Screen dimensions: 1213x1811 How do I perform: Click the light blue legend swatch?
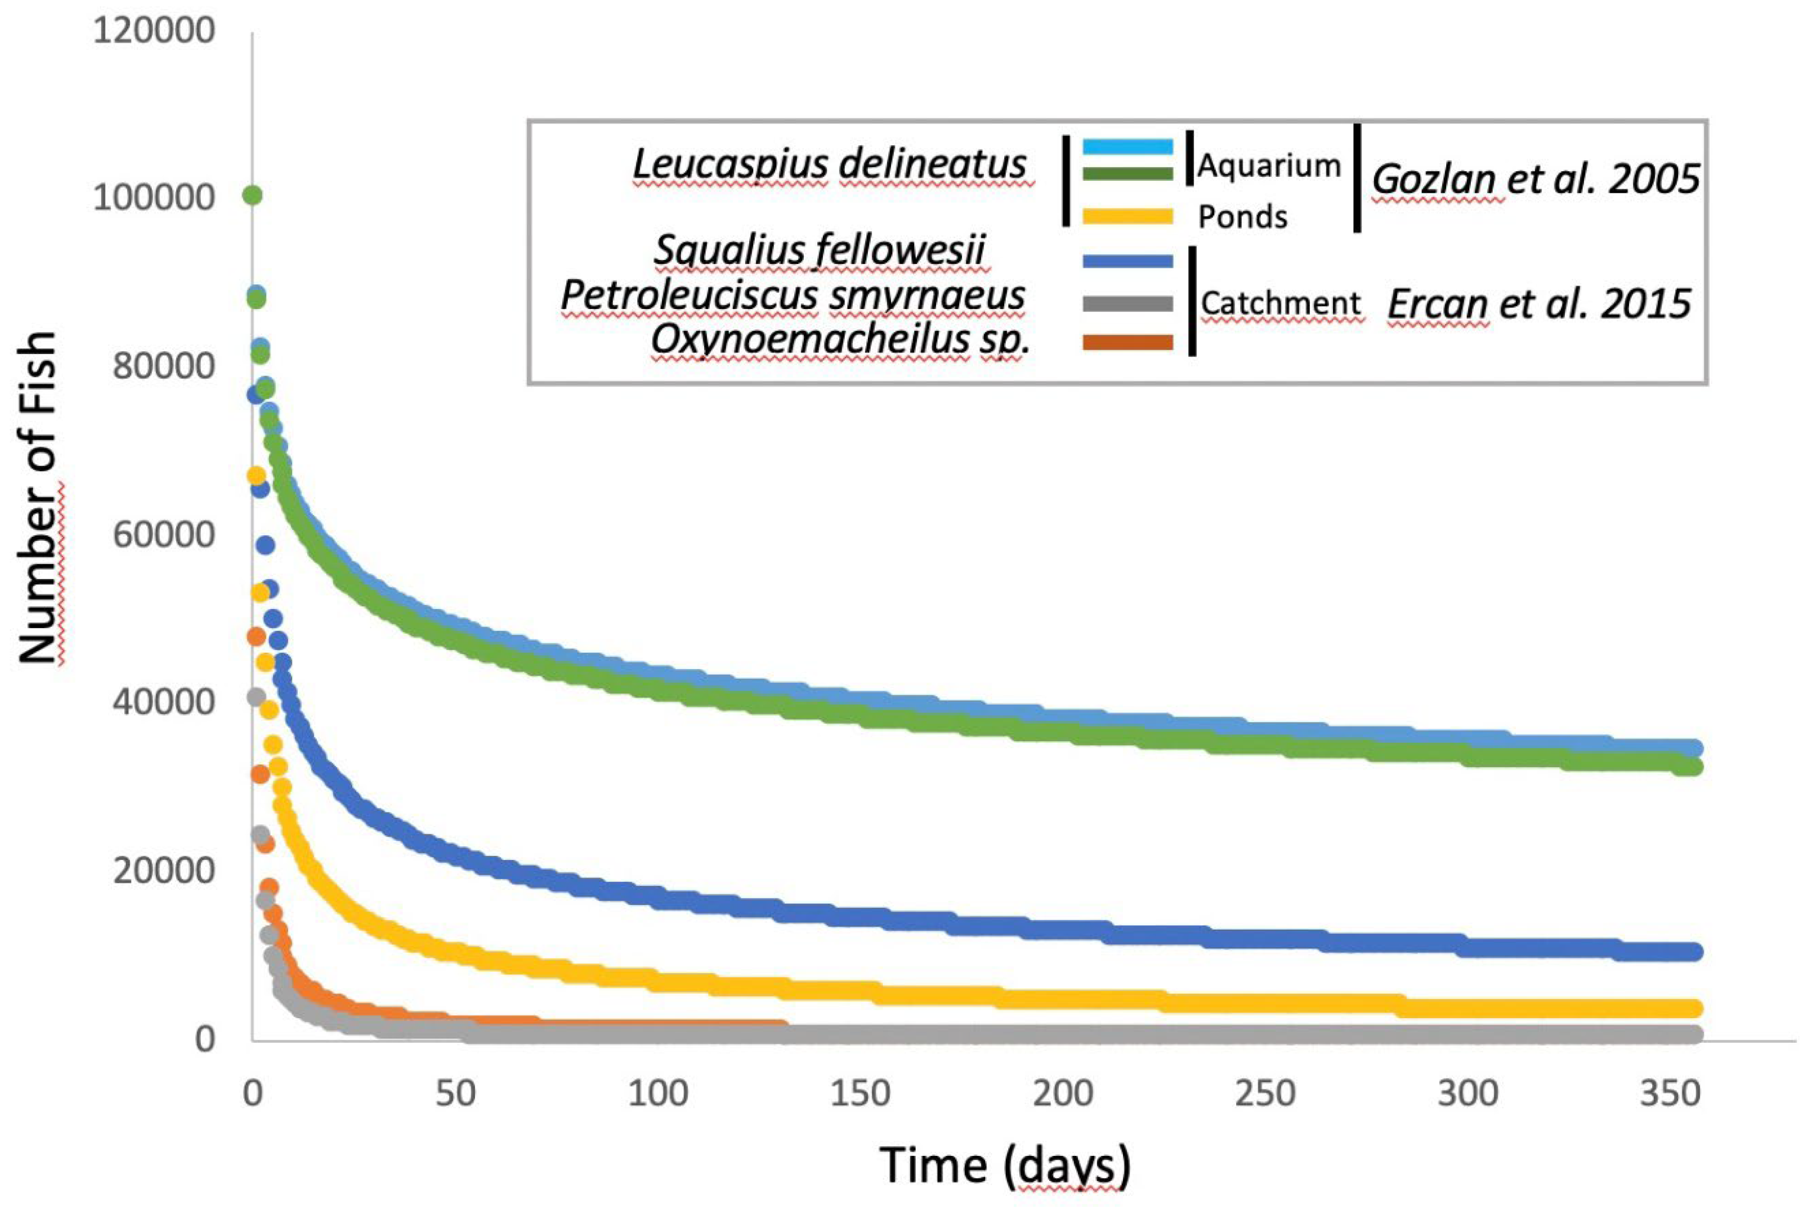pos(1127,145)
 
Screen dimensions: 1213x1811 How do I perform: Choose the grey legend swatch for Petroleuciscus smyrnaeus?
pos(1127,304)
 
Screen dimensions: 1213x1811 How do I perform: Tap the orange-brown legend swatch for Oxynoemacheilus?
pos(1127,342)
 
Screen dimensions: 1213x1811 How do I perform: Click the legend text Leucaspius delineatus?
pos(830,164)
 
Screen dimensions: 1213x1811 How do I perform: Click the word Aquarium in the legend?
pos(1268,166)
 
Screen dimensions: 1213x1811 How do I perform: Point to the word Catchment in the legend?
pos(1280,304)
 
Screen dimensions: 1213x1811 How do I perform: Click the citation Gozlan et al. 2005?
pos(1535,179)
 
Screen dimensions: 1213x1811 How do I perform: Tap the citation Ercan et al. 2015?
pos(1538,304)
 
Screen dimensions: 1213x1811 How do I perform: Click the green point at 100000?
pos(252,196)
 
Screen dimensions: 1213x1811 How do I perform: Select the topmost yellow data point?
pos(256,477)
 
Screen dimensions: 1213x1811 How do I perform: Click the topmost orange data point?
pos(256,637)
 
